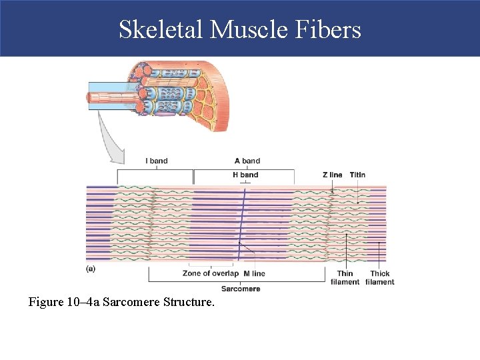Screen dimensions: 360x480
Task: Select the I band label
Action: (x=157, y=161)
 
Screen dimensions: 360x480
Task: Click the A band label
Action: (x=247, y=161)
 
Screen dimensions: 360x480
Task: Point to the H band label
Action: (x=245, y=175)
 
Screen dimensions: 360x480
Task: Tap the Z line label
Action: (x=332, y=175)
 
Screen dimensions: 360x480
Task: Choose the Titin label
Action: (x=357, y=175)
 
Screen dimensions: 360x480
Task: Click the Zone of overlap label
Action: (x=210, y=273)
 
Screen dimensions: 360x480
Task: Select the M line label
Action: (x=254, y=273)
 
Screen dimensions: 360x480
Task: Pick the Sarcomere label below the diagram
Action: (x=241, y=289)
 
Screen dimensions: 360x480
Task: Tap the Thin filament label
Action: (x=345, y=277)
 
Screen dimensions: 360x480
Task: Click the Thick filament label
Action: (x=380, y=277)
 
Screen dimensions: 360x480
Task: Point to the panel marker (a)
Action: (x=91, y=269)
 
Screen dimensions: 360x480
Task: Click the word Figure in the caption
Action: (x=46, y=302)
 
